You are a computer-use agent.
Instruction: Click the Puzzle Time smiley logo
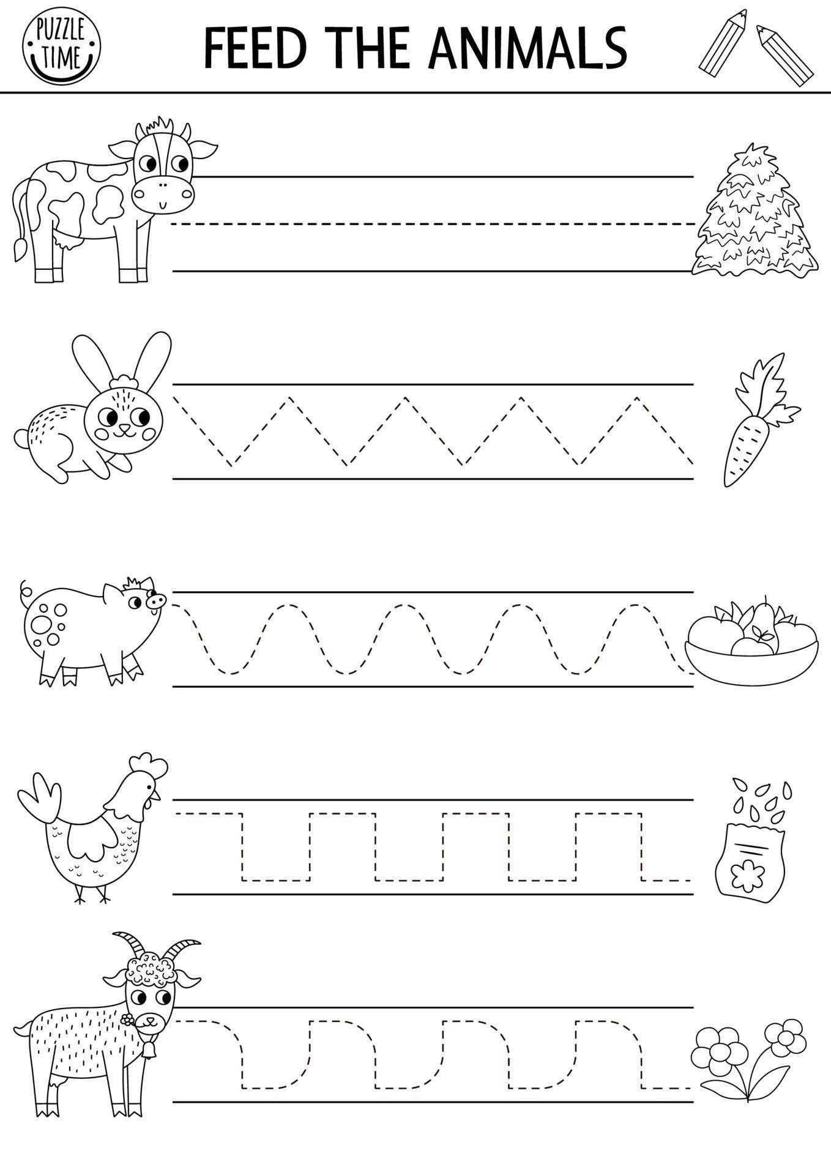(x=61, y=47)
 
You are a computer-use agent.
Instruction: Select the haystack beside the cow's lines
(x=754, y=214)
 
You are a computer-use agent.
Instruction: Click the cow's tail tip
(x=19, y=250)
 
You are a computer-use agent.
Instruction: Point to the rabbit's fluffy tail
(x=21, y=438)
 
